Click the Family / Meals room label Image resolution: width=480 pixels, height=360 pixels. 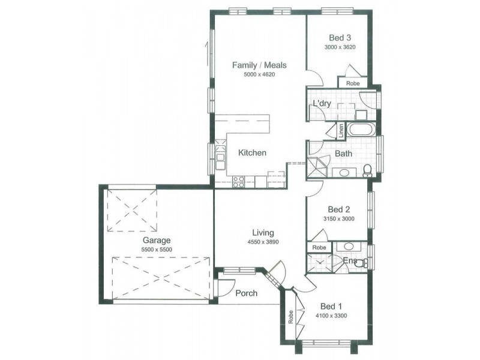click(259, 65)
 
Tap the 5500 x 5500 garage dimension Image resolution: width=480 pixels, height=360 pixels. click(157, 250)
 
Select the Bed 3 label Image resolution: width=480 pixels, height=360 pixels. click(340, 38)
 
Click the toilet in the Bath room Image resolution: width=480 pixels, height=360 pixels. click(367, 171)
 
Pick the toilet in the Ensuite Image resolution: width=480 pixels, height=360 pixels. click(363, 263)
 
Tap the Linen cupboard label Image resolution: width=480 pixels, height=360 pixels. click(341, 130)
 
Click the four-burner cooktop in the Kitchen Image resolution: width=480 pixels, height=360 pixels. click(238, 182)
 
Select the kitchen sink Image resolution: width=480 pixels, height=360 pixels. click(220, 157)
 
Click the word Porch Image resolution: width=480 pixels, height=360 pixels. click(247, 293)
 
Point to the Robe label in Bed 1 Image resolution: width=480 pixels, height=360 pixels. click(290, 317)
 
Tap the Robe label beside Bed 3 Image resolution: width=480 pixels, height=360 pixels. click(353, 83)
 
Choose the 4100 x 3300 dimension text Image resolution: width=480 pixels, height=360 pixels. click(331, 316)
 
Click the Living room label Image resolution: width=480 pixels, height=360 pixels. click(263, 233)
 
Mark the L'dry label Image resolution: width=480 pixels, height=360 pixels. click(322, 103)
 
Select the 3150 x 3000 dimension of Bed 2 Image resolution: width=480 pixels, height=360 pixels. click(339, 218)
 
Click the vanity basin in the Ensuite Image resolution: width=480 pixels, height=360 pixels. click(348, 246)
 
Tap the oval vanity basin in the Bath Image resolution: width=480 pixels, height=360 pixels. click(344, 173)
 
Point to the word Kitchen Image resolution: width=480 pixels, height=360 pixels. click(252, 152)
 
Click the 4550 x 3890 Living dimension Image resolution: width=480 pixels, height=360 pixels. click(263, 242)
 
